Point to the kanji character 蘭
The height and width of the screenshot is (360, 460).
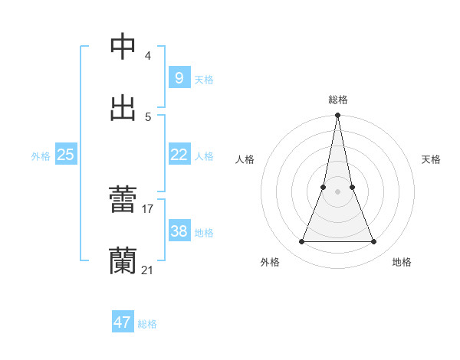tap(123, 260)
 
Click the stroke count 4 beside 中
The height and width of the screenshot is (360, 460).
tap(148, 56)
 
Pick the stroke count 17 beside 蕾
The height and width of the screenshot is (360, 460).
tap(148, 208)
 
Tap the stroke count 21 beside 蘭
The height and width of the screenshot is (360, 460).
tap(148, 270)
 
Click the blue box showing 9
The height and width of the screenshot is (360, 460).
tap(179, 77)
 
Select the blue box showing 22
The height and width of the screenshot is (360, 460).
tap(179, 155)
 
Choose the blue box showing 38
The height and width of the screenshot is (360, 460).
tap(179, 231)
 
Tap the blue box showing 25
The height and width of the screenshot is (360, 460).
tap(65, 155)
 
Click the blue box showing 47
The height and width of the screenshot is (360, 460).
tap(122, 322)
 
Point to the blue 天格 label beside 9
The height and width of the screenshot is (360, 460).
tap(203, 79)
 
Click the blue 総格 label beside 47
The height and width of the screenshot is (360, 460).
tap(147, 324)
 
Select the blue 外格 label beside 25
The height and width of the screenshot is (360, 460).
tap(41, 156)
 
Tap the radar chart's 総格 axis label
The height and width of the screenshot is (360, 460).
tap(338, 100)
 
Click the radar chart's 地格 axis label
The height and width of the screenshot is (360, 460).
tap(402, 262)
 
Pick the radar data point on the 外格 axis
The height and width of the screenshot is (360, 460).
tap(301, 242)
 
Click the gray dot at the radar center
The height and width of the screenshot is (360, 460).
tap(338, 191)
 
